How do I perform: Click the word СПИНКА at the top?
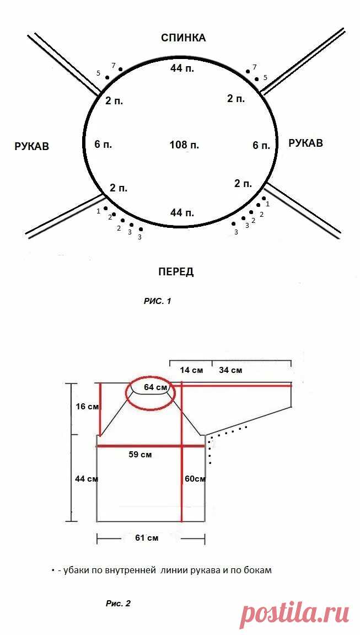[183, 38]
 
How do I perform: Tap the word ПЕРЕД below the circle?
[176, 272]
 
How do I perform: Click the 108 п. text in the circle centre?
[184, 145]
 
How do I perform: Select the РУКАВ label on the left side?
[31, 146]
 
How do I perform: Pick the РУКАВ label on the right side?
[306, 143]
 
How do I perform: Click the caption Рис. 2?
[118, 604]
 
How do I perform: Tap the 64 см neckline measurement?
[155, 387]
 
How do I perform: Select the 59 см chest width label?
[141, 455]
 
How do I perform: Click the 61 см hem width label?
[147, 538]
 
